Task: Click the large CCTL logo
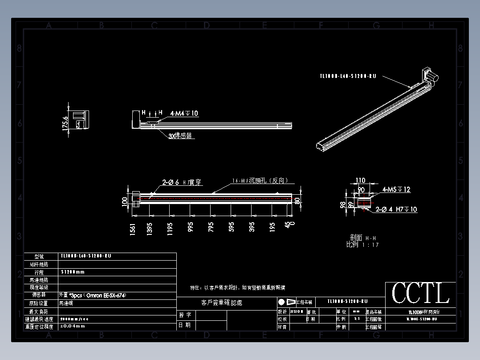(x=420, y=293)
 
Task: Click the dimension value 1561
(x=133, y=229)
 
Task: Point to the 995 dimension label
(x=191, y=227)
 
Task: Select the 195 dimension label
(x=273, y=227)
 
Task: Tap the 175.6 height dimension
(x=65, y=123)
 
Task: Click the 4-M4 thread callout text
(x=184, y=114)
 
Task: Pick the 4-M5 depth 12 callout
(x=396, y=189)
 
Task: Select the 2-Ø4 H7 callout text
(x=396, y=209)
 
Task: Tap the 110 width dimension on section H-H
(x=360, y=180)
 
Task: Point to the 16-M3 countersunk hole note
(x=263, y=181)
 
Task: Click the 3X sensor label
(x=180, y=136)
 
